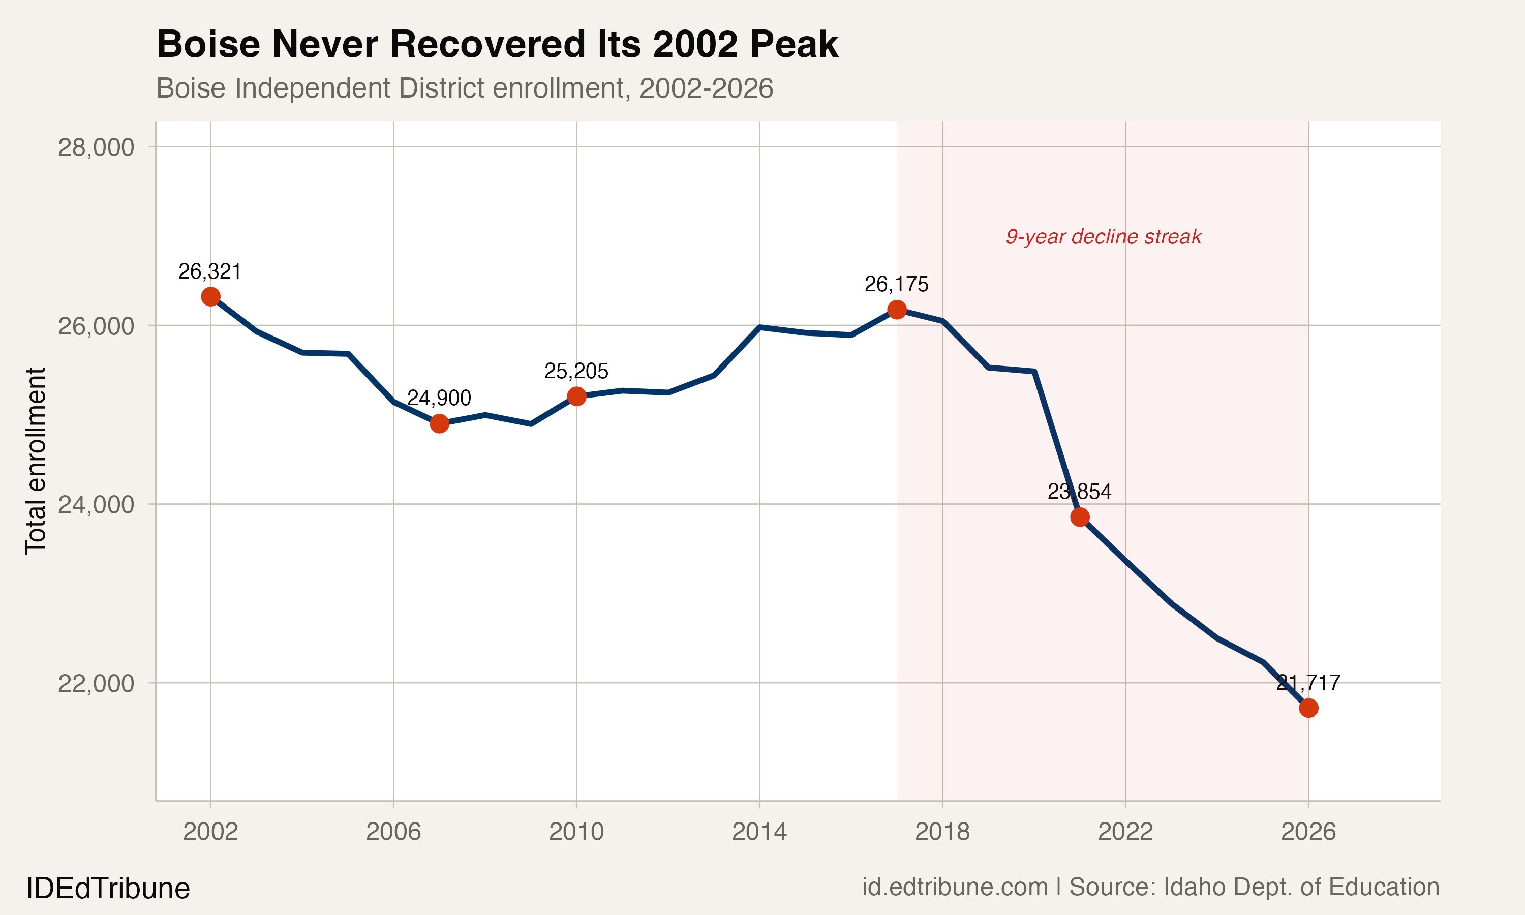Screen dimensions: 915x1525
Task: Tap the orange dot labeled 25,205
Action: click(x=576, y=396)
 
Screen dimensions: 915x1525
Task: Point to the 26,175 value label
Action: click(x=896, y=284)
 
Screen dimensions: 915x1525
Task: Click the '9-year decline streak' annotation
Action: click(x=1104, y=237)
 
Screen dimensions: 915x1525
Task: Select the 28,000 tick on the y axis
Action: click(x=96, y=147)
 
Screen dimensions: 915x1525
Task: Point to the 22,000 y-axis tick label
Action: click(x=96, y=683)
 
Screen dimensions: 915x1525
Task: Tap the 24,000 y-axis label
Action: click(x=96, y=504)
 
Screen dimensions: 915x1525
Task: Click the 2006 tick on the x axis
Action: click(x=393, y=832)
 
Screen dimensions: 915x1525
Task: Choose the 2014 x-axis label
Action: click(x=759, y=832)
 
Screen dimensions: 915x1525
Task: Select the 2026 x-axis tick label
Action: click(x=1308, y=832)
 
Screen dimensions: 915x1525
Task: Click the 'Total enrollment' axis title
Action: click(x=36, y=461)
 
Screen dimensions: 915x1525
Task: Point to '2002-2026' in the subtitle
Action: click(x=706, y=88)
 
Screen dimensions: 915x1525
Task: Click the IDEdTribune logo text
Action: click(x=108, y=889)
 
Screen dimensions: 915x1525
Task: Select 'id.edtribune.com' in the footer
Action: click(x=954, y=887)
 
